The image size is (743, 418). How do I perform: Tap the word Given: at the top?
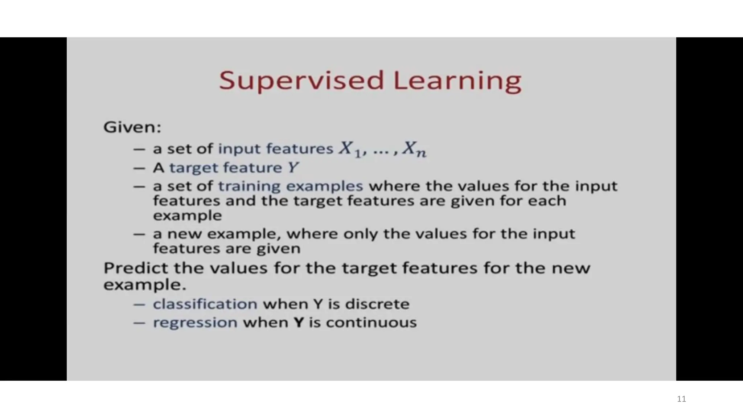[132, 127]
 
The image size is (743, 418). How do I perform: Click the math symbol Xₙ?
[415, 149]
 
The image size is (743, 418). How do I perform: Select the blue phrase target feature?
[225, 168]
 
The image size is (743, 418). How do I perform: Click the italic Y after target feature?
[293, 168]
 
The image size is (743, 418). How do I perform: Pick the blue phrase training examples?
[290, 186]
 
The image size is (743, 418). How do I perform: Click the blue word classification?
[205, 304]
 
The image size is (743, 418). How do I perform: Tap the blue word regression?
[195, 323]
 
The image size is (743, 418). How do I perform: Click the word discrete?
[377, 304]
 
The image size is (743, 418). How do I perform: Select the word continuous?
[371, 323]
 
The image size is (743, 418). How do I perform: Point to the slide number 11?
[681, 399]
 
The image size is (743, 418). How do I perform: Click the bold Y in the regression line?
[298, 323]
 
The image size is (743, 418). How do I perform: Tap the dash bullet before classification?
[139, 304]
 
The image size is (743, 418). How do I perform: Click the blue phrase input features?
[275, 149]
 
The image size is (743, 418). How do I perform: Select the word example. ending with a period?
[144, 285]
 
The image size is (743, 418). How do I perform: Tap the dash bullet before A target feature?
[139, 168]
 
